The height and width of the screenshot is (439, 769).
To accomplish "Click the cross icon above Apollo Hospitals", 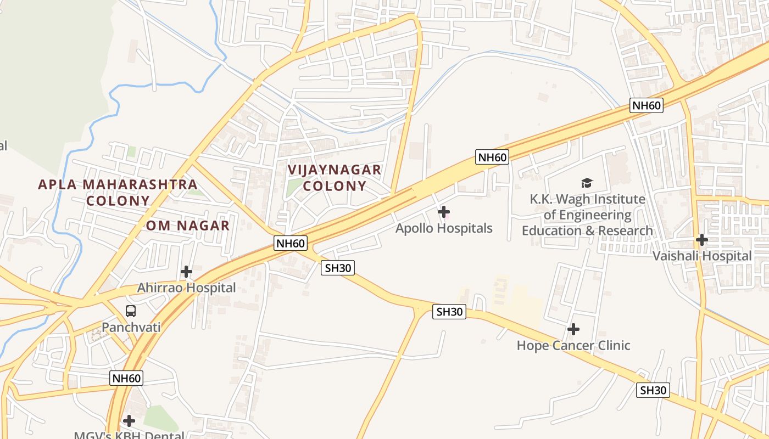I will (x=444, y=212).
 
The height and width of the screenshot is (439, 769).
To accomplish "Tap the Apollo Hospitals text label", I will (x=444, y=228).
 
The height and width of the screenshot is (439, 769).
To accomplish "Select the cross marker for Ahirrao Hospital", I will (x=186, y=272).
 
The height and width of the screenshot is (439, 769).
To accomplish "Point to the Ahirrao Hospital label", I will (x=186, y=288).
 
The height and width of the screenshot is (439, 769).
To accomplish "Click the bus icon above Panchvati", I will (x=131, y=311).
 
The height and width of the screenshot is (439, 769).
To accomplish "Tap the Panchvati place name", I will (x=131, y=328).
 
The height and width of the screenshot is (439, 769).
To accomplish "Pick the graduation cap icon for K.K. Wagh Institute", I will (x=587, y=183).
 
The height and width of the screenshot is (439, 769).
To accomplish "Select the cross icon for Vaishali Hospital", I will (x=701, y=240).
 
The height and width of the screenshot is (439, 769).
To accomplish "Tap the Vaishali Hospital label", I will (x=701, y=256).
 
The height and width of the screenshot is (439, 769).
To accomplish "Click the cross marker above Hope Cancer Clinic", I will (x=573, y=329).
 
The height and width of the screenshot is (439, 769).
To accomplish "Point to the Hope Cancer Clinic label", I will (x=573, y=346).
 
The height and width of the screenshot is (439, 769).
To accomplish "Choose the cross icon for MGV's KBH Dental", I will (x=129, y=421).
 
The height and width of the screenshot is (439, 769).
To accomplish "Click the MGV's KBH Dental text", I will (x=129, y=435).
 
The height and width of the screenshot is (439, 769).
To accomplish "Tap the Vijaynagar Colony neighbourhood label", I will (x=335, y=178).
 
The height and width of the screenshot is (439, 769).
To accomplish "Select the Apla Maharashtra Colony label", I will (x=118, y=192).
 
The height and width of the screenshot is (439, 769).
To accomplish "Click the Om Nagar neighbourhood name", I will (x=188, y=226).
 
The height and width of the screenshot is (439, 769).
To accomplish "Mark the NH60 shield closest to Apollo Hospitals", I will (x=492, y=157).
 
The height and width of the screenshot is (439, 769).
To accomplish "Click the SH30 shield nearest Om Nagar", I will (x=338, y=268).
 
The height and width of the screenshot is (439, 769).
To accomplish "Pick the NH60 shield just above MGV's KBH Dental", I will (x=126, y=378).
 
